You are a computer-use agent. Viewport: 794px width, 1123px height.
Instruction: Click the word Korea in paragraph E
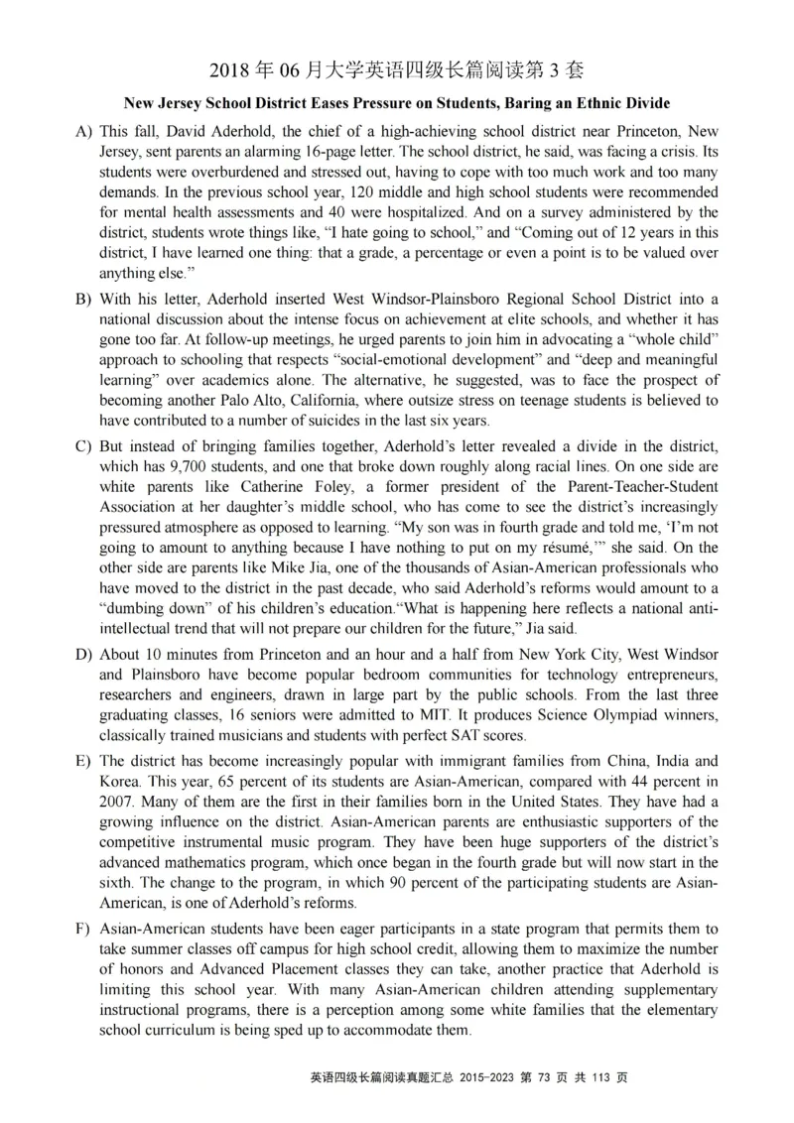pyautogui.click(x=120, y=782)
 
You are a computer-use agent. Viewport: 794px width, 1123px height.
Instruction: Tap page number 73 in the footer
pyautogui.click(x=552, y=1077)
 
